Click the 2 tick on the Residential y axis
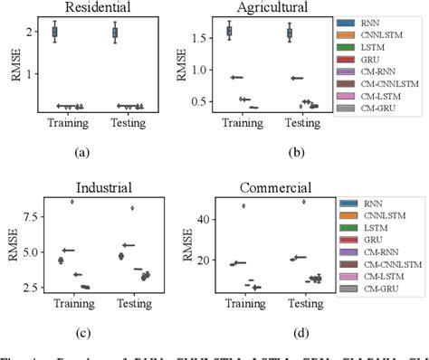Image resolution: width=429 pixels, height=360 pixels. (x=31, y=33)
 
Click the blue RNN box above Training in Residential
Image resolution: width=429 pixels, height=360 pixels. (x=55, y=32)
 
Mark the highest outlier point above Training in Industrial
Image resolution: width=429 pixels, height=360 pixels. (x=71, y=202)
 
